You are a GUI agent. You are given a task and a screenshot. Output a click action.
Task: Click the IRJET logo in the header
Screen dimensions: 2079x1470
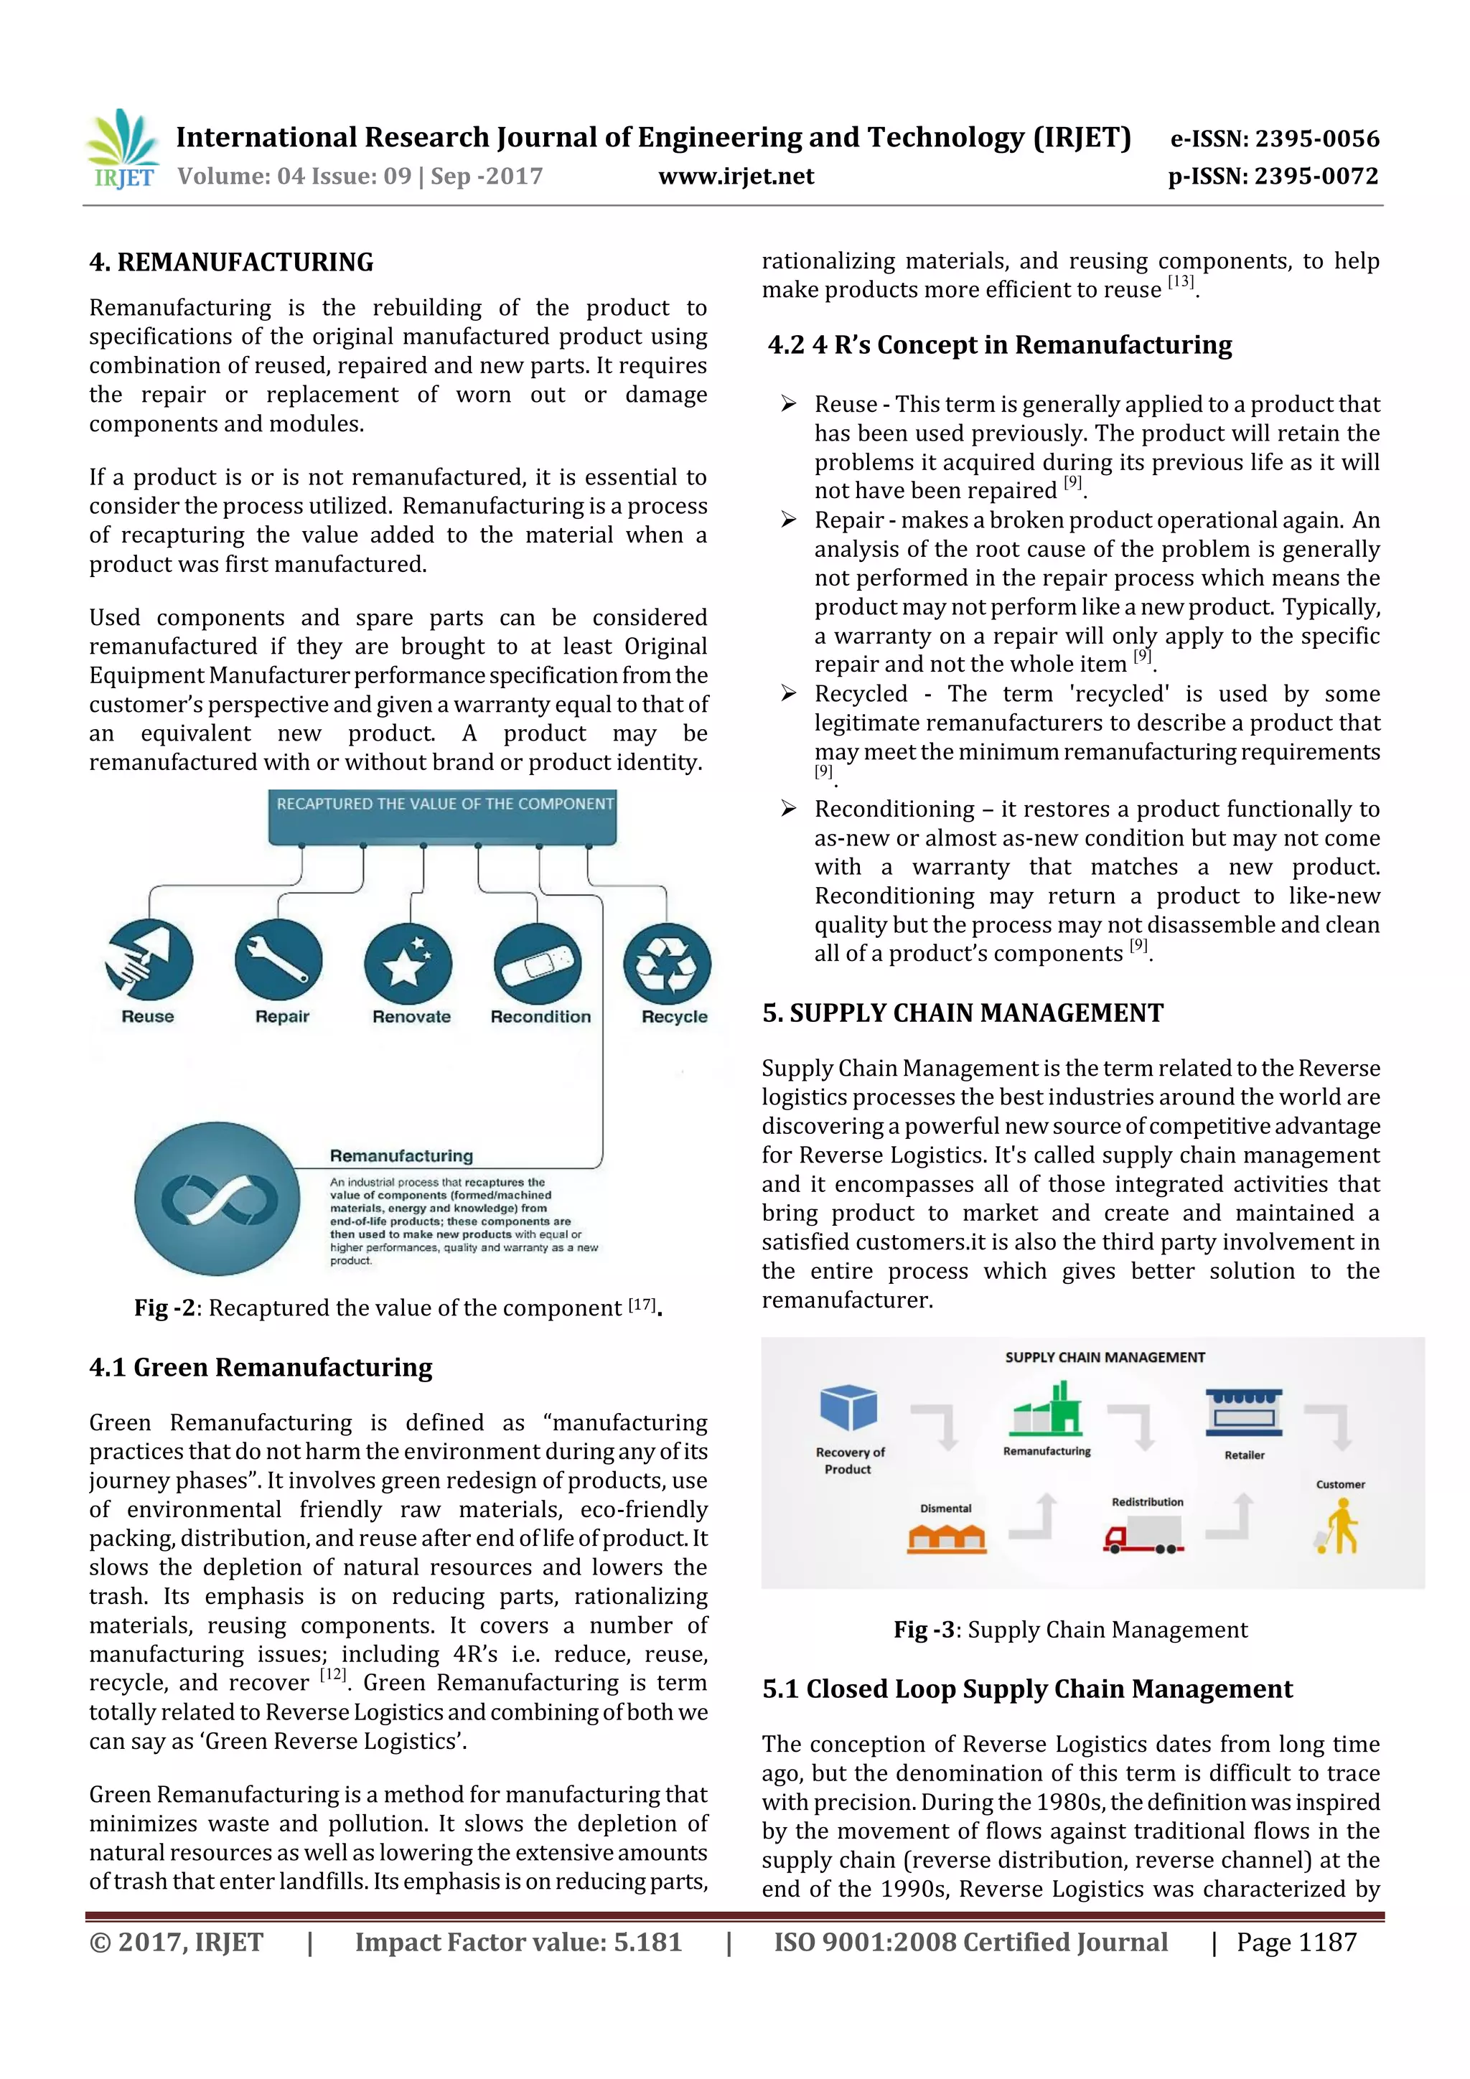(x=122, y=149)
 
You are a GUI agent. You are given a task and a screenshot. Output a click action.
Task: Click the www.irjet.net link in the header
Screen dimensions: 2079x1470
(x=736, y=177)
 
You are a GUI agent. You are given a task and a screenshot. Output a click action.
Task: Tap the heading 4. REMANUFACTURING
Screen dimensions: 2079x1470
(x=231, y=263)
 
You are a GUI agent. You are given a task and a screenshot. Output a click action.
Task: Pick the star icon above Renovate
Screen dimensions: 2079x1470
(x=408, y=964)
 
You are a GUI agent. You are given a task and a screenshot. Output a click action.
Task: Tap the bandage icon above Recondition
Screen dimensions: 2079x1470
(x=538, y=964)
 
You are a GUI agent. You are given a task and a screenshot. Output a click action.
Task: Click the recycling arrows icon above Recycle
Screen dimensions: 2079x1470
(x=667, y=964)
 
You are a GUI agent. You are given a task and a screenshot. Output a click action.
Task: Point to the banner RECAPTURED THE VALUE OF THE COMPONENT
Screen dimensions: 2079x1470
(x=443, y=805)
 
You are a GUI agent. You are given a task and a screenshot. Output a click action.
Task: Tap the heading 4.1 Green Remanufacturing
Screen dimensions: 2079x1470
(x=261, y=1367)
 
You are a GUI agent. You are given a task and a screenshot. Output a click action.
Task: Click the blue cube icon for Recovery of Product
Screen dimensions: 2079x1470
(x=848, y=1409)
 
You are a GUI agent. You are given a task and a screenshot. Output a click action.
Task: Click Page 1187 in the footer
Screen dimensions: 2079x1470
(x=1296, y=1942)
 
